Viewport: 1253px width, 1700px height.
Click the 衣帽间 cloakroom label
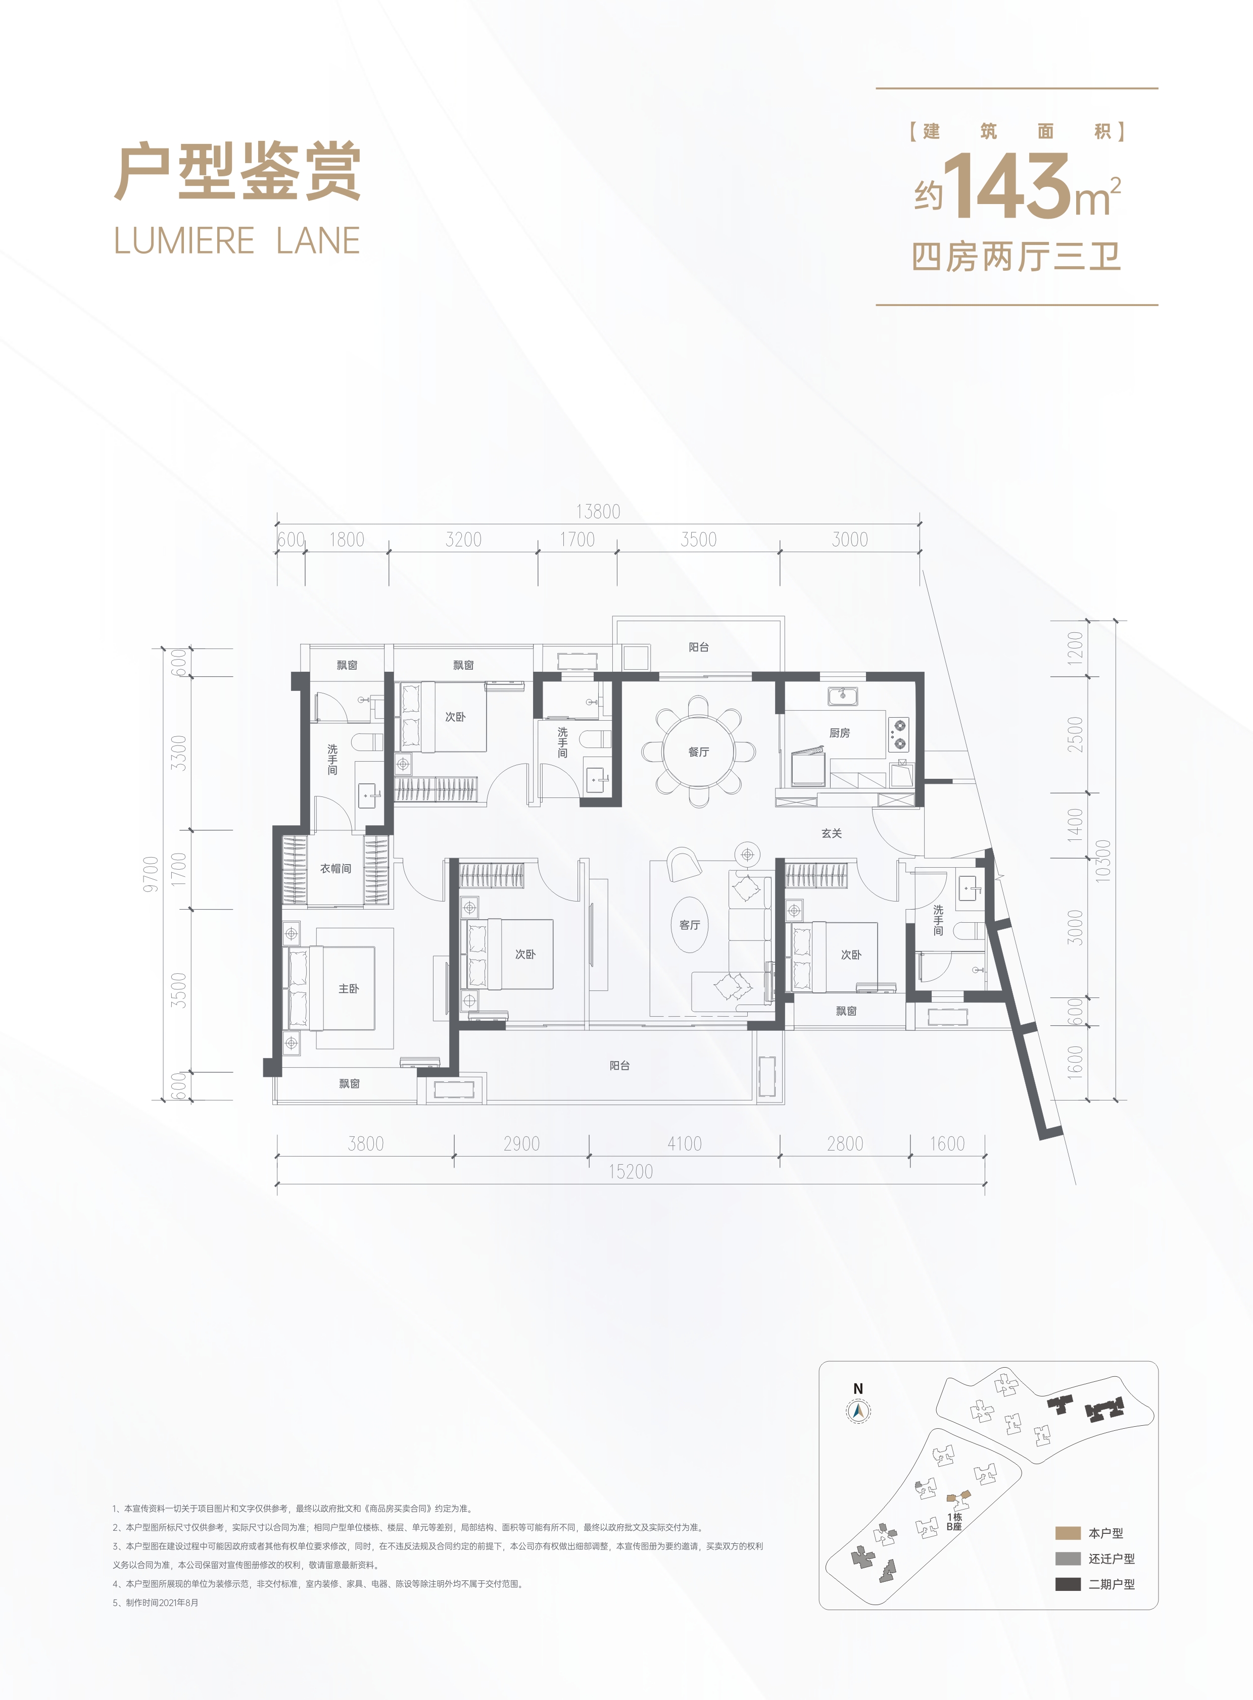click(335, 868)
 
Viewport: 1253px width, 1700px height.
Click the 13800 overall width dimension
click(598, 512)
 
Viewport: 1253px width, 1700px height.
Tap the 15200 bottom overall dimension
click(631, 1172)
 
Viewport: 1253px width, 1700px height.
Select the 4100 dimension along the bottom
click(684, 1143)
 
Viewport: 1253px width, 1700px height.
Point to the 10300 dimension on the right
click(1103, 859)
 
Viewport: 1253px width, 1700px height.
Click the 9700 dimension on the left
click(152, 874)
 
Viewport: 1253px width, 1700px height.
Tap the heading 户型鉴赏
click(237, 173)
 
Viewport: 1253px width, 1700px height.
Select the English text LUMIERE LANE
click(236, 241)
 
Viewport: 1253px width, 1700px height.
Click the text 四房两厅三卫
click(1017, 257)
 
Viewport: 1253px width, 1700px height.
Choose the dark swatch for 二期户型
click(1067, 1584)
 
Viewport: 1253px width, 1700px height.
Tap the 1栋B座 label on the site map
click(954, 1522)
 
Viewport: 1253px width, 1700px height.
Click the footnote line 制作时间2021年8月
click(156, 1602)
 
